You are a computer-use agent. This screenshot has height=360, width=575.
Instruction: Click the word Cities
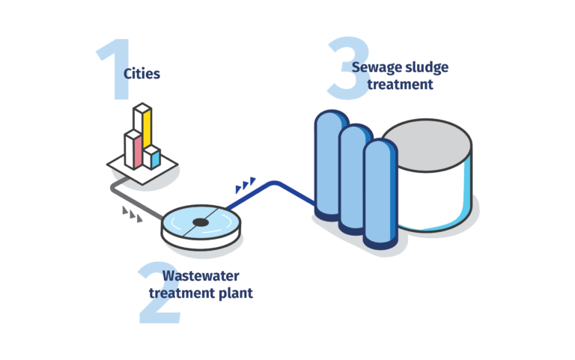[142, 73]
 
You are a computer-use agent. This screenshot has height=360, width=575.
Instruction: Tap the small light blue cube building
[152, 157]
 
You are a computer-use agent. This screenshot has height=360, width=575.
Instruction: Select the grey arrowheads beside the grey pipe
[131, 215]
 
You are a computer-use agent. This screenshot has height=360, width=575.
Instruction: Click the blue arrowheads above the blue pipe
[245, 183]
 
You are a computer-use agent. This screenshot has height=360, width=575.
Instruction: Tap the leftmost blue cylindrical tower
[329, 165]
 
